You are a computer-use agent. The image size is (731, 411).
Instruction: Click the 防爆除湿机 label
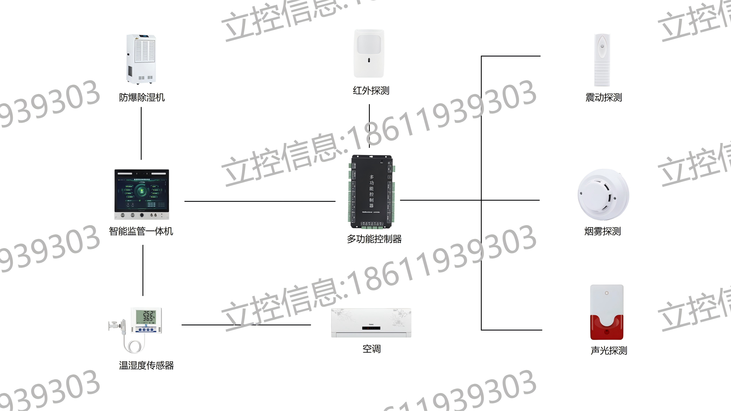142,98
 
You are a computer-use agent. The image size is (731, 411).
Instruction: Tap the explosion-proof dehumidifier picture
141,59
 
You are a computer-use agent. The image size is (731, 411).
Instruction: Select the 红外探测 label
371,91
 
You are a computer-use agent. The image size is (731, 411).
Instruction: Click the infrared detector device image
369,53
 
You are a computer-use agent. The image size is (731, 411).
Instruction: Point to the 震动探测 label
604,98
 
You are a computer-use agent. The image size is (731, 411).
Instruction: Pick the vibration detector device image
602,60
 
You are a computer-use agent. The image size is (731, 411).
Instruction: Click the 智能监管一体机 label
141,231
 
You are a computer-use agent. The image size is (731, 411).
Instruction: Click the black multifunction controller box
371,191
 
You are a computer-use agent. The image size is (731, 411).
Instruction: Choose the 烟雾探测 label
603,231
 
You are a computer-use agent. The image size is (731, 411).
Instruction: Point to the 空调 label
371,349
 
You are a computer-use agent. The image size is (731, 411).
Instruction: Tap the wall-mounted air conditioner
371,323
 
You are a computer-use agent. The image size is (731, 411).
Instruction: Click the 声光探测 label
609,350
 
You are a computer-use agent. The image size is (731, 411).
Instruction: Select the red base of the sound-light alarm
607,328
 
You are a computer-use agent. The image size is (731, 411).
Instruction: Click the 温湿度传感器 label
146,366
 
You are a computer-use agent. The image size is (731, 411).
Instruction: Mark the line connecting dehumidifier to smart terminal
141,133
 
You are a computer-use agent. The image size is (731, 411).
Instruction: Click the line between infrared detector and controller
369,126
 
